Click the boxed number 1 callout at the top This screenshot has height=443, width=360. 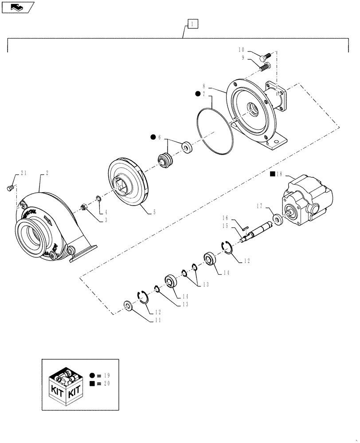click(x=193, y=23)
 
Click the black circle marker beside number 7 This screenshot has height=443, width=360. click(x=197, y=94)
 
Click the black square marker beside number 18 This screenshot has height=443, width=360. click(x=272, y=174)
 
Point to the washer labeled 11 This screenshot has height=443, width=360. click(x=128, y=306)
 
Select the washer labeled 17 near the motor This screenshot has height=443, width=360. click(x=278, y=219)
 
